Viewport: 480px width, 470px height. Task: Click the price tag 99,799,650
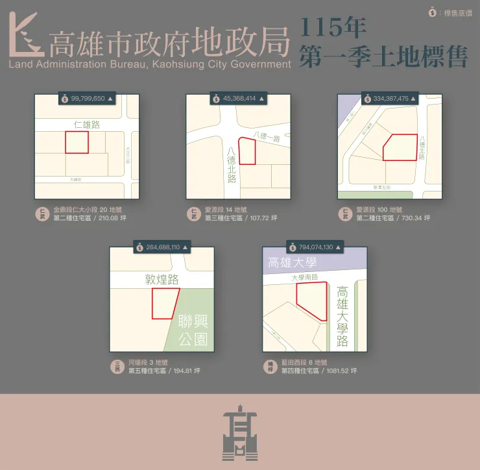(87, 99)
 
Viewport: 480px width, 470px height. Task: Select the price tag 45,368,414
(238, 99)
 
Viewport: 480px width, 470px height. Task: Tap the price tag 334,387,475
(390, 99)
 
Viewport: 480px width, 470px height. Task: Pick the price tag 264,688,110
(162, 247)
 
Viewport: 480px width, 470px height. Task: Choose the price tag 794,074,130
(315, 247)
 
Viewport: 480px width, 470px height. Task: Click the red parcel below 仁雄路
(77, 142)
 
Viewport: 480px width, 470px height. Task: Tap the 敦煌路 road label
(162, 280)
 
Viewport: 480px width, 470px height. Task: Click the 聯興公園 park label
(193, 330)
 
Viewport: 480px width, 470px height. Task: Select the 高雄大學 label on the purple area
(292, 263)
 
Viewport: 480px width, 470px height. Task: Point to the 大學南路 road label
(304, 277)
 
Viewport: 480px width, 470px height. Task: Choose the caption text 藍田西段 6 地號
(304, 362)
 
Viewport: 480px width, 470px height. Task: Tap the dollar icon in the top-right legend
(433, 12)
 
